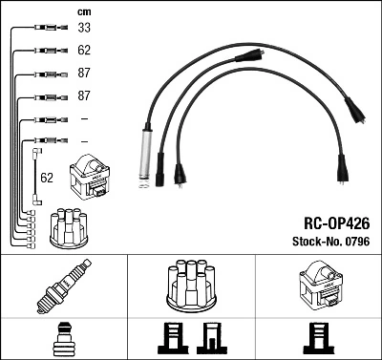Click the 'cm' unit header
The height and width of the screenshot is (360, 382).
pos(83,11)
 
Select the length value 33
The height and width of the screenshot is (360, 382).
pos(83,29)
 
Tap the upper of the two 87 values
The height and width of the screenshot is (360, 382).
pos(83,73)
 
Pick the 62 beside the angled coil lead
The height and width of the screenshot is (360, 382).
pos(45,177)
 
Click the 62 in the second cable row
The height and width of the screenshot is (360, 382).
pos(83,50)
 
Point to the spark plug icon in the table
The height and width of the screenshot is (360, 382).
pos(63,286)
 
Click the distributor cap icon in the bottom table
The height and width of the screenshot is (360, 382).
pos(190,285)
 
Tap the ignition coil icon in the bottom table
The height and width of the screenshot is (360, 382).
pos(318,285)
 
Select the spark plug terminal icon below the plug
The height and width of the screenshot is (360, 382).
pos(63,337)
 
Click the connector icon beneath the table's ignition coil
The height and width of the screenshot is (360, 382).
pos(318,338)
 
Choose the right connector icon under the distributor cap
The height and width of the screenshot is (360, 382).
pos(210,338)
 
